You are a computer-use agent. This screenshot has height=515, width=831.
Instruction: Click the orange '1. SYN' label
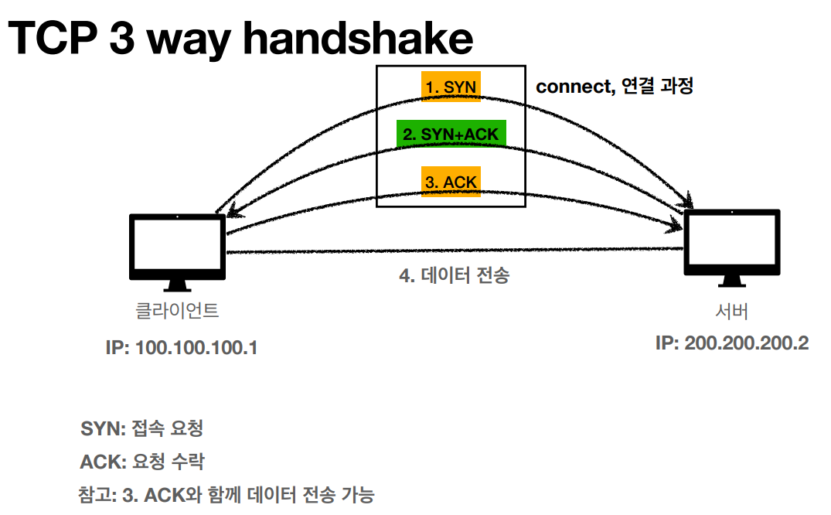coord(451,87)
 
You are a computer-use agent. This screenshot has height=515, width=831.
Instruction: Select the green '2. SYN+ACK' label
coord(451,134)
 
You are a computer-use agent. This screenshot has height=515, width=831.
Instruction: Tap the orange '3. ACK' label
coord(451,182)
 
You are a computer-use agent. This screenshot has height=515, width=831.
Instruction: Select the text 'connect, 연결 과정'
coord(614,86)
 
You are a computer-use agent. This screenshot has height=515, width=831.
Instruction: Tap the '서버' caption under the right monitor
coord(731,312)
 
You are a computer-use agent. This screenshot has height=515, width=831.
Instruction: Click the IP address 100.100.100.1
coord(181,347)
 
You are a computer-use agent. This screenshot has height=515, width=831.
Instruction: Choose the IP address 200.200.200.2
coord(731,343)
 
